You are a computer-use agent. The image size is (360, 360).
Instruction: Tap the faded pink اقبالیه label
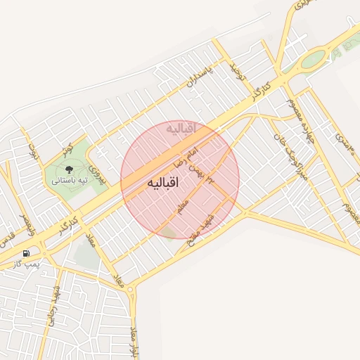click(184, 128)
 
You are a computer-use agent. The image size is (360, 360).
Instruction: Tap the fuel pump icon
click(26, 253)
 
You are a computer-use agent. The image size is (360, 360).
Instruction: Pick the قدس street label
click(6, 240)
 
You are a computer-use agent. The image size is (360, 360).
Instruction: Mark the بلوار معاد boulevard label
click(135, 340)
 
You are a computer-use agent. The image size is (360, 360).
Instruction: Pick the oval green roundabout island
click(314, 59)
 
